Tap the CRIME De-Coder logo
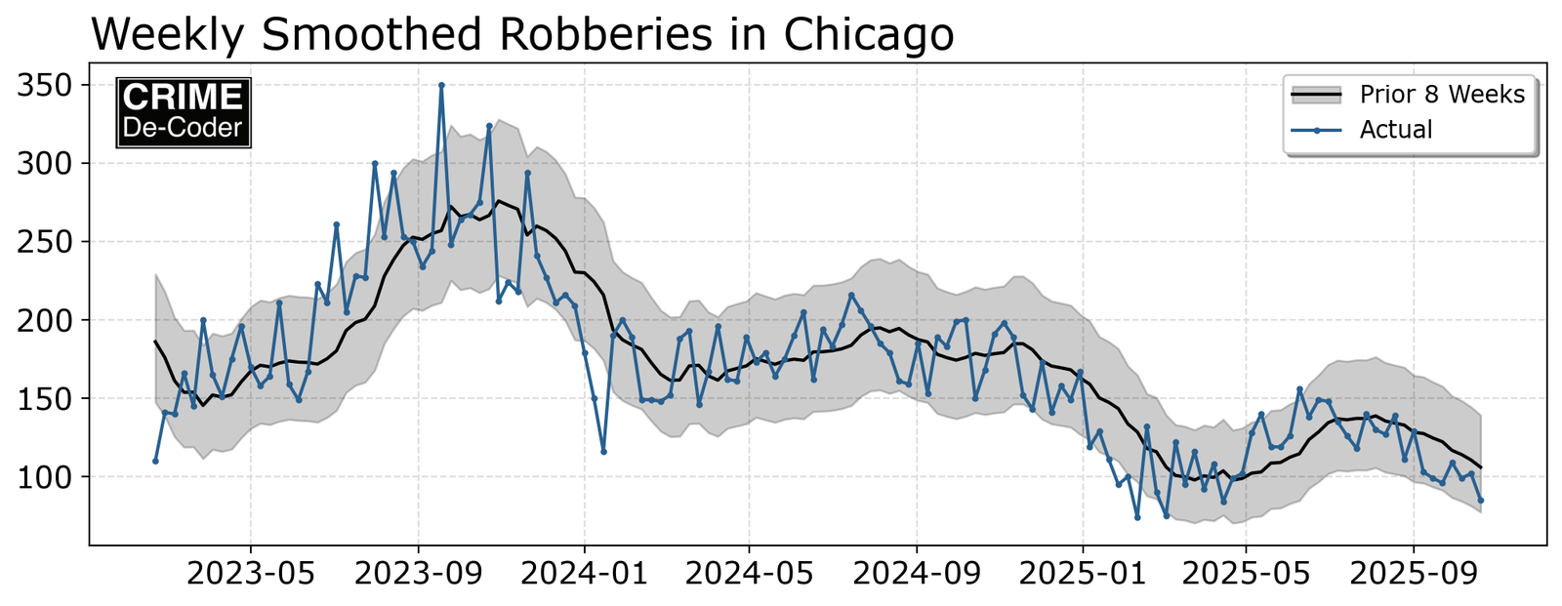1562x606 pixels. point(184,112)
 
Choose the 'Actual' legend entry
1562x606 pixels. point(1395,130)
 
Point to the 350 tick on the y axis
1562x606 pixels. point(46,86)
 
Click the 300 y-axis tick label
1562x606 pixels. point(46,164)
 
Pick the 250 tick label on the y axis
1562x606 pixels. point(46,242)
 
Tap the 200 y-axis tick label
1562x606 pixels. point(46,320)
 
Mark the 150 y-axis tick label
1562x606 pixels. point(46,399)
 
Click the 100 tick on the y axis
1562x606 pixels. point(46,477)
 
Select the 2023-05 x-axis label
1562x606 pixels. point(251,574)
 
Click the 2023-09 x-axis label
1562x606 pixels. point(419,574)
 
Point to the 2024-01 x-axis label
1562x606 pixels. point(585,574)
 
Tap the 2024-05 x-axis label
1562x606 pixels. point(750,574)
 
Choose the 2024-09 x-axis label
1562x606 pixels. point(918,574)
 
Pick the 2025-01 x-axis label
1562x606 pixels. point(1083,574)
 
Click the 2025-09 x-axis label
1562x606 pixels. point(1415,574)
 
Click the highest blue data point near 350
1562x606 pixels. point(441,85)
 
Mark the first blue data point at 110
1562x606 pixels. point(155,461)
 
